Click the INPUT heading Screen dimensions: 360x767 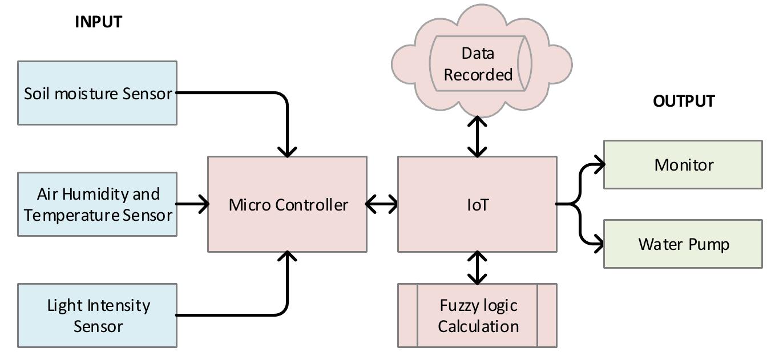pos(98,22)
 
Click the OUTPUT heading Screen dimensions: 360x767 pos(684,101)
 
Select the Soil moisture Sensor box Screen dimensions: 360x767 pos(97,93)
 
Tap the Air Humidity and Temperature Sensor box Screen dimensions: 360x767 pos(97,204)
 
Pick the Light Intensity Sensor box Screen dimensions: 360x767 pos(97,315)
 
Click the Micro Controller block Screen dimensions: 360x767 pos(287,204)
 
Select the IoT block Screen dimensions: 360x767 pos(477,204)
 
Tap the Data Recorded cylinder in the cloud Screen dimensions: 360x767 pos(478,64)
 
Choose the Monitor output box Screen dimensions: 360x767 pos(683,165)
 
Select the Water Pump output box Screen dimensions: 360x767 pos(683,244)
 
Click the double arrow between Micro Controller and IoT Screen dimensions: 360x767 pos(382,204)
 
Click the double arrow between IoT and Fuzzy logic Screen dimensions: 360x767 pos(477,268)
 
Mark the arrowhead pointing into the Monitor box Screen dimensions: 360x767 pos(599,165)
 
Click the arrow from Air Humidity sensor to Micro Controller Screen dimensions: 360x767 pos(192,204)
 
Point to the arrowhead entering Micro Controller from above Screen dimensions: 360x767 pos(287,151)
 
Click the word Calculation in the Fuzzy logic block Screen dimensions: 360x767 pos(478,326)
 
